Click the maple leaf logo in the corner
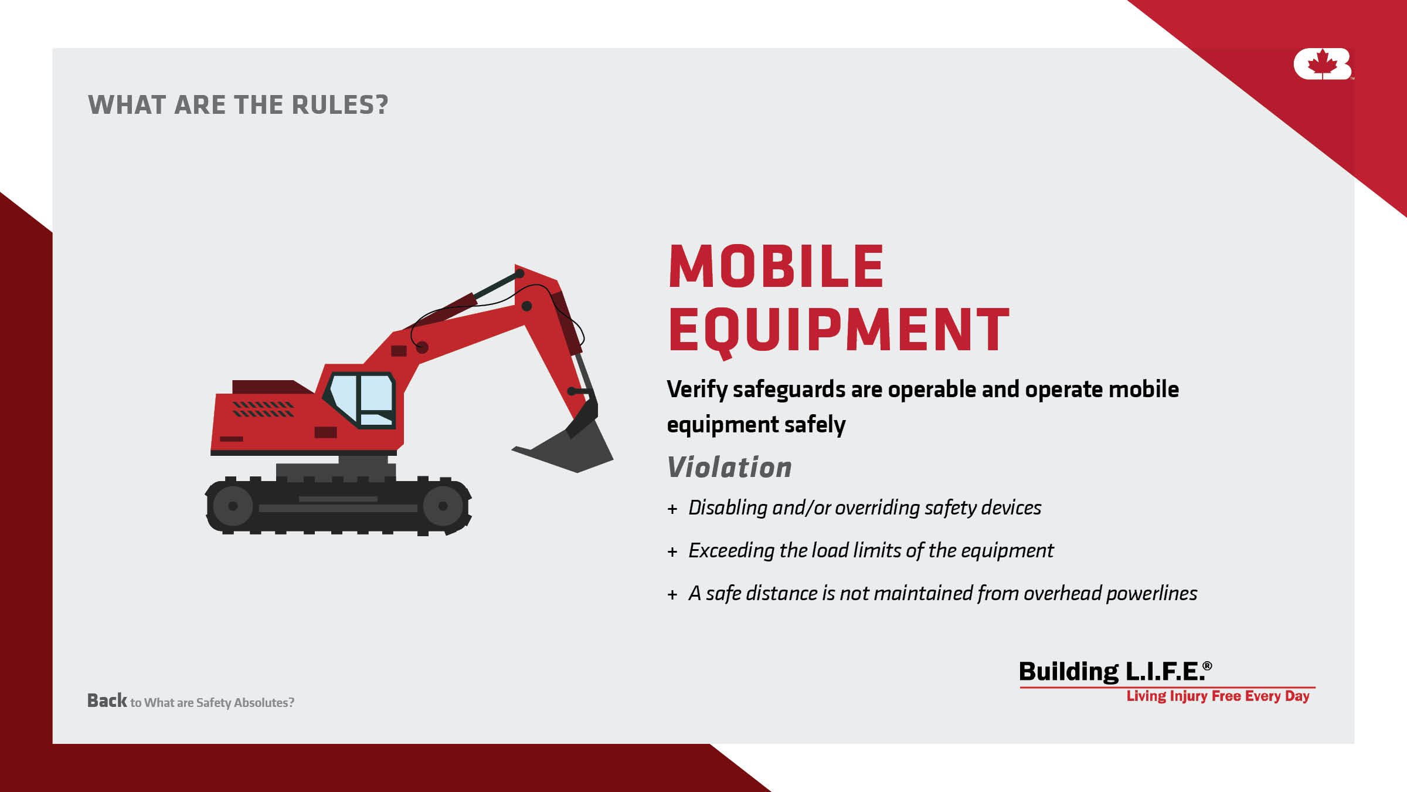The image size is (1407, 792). pos(1322,64)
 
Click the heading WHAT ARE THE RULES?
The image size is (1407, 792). pos(238,105)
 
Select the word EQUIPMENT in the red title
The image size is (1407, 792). pos(839,330)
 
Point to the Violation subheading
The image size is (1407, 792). pos(729,468)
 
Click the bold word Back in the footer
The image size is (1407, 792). pos(107,700)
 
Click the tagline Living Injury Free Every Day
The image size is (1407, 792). pos(1218,696)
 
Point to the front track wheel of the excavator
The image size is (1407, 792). pos(443,506)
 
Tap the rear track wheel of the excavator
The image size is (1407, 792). pos(233,506)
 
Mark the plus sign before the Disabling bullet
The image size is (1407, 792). pos(672,509)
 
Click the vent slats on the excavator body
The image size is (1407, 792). pos(263,409)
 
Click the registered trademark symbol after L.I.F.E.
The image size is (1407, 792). pos(1207,666)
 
